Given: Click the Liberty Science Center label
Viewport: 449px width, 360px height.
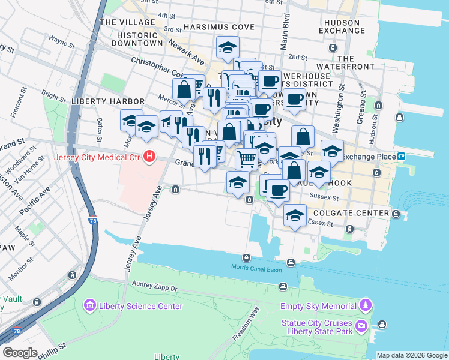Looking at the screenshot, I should pos(141,306).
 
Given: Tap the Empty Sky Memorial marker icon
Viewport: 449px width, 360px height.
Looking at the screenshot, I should pos(366,306).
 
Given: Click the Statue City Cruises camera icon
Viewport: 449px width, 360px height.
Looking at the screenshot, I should pos(361,327).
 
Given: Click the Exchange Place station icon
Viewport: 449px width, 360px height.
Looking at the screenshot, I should pos(400,156).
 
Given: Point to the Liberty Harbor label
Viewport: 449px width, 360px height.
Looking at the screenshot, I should pos(107,101).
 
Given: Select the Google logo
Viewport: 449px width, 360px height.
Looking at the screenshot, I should pos(20,353).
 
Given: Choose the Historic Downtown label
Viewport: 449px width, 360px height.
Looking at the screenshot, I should pos(137,44).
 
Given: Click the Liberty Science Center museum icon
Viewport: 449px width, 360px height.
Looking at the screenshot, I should pos(90,306).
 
